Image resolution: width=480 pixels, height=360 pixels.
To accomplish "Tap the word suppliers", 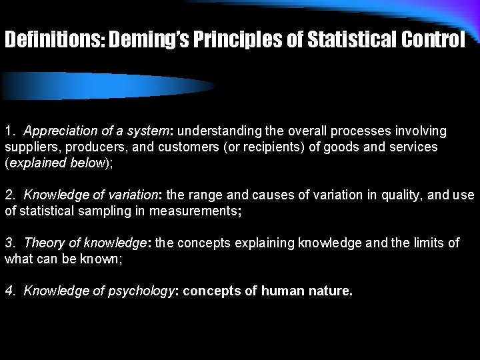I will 29,147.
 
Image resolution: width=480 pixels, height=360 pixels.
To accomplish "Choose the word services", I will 414,147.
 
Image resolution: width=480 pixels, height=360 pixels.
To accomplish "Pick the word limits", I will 427,243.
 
